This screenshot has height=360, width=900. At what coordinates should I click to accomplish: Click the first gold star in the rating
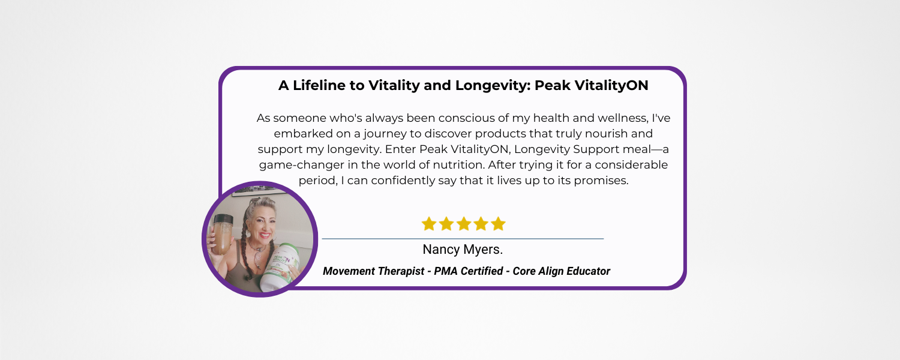429,224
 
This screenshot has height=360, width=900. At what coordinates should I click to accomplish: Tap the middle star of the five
463,224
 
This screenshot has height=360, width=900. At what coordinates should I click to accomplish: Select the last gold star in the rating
498,224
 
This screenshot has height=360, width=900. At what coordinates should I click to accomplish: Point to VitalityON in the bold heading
611,86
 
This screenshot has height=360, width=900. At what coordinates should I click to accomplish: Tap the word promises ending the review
601,181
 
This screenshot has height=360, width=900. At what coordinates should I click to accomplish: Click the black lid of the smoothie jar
223,220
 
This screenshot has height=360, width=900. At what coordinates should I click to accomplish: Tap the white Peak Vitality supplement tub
281,268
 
